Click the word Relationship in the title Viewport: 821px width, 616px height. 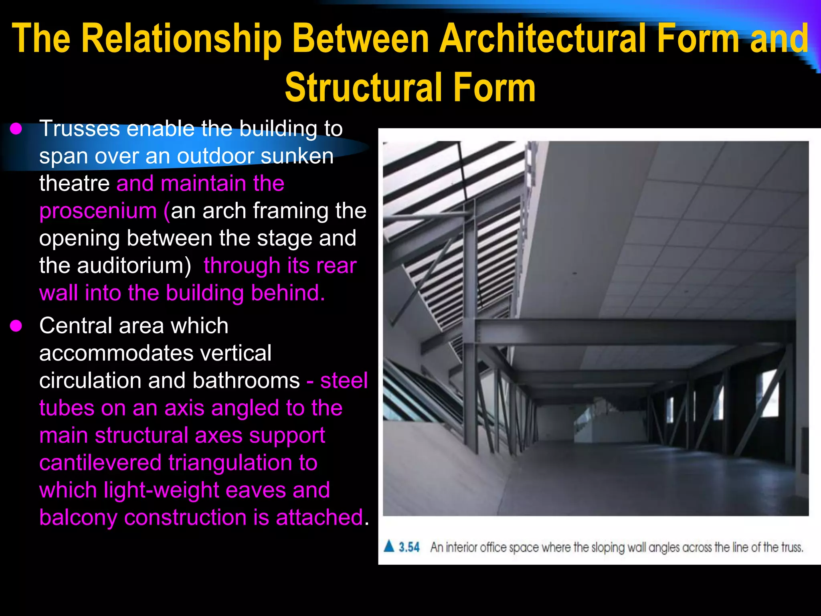(182, 39)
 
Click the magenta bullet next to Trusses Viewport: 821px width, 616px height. (16, 129)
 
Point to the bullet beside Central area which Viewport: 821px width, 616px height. (16, 326)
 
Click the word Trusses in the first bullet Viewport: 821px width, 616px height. (79, 129)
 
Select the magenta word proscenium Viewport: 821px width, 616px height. (98, 211)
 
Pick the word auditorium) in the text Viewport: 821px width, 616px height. (134, 266)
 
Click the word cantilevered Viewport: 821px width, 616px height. (100, 463)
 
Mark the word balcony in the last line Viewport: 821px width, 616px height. (78, 518)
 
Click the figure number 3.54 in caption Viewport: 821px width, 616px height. (409, 547)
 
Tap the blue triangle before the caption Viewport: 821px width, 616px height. (389, 546)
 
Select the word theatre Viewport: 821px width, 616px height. (74, 184)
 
